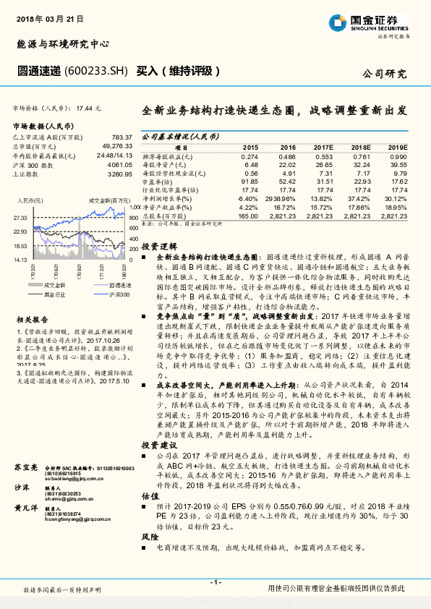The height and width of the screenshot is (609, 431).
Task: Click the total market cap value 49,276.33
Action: pyautogui.click(x=117, y=145)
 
